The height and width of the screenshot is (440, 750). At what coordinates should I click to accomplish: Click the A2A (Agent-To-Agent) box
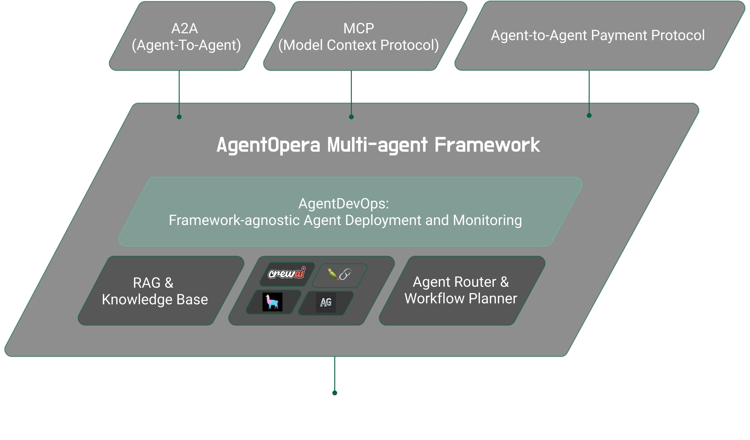[192, 36]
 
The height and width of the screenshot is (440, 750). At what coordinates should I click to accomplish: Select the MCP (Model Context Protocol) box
[365, 36]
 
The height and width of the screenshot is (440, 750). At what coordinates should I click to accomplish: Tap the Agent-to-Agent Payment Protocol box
[600, 36]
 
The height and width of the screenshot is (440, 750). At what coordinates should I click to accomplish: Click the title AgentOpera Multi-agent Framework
[378, 145]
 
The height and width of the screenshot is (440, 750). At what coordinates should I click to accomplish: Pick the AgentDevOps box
[350, 212]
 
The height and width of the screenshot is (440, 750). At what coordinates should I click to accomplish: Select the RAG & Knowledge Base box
[161, 291]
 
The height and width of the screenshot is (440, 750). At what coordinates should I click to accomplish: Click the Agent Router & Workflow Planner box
[462, 291]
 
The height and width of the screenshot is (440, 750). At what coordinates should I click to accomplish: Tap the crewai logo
[287, 273]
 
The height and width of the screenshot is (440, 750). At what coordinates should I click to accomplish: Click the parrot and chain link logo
[339, 274]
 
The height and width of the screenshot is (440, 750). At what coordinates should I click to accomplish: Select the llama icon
[272, 302]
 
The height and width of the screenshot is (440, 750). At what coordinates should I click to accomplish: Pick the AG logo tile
[326, 303]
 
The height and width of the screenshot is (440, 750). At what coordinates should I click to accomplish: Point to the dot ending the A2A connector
[179, 117]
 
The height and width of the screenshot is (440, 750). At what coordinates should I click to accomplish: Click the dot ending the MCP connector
[351, 117]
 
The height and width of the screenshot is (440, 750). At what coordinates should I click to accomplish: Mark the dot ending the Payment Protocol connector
[589, 115]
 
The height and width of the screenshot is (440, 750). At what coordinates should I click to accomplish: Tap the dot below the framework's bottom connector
[335, 393]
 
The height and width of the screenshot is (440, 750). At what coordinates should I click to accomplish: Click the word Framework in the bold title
[487, 145]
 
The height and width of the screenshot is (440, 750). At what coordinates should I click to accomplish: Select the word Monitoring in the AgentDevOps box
[487, 220]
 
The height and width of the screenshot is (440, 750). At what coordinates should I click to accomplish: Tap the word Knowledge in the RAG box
[137, 300]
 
